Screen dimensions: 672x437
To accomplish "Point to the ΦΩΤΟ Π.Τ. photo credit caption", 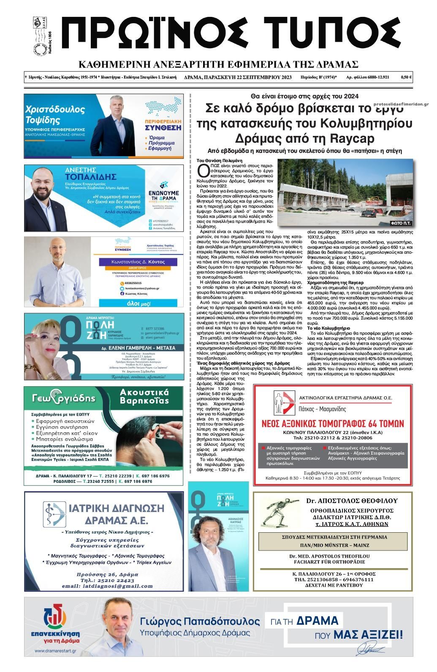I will click(x=401, y=222).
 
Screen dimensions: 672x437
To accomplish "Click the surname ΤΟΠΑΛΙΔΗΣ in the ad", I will click(x=90, y=176).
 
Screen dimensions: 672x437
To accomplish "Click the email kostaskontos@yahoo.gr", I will click(x=142, y=288).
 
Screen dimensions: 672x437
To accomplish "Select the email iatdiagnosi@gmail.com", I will click(x=101, y=586).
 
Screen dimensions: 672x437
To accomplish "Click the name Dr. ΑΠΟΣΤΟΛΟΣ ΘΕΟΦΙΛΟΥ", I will click(x=352, y=501).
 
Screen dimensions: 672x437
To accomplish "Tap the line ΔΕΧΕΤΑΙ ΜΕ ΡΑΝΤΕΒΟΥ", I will click(x=333, y=585).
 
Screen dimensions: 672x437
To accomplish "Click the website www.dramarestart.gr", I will click(x=56, y=651).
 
